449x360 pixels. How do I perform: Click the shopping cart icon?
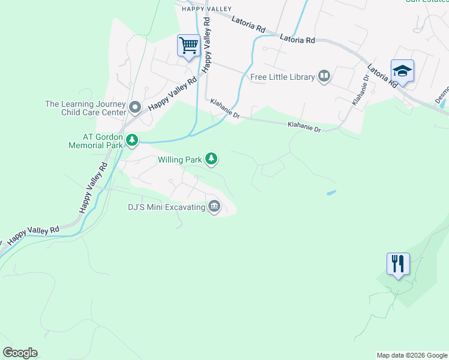point(188,46)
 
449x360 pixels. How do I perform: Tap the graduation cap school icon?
point(402,71)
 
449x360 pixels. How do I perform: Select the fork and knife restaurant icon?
point(398,263)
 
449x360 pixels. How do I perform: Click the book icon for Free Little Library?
point(324,76)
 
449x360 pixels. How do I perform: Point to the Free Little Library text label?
point(282,77)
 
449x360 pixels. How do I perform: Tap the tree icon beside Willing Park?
point(211,159)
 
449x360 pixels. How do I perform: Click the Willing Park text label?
point(179,160)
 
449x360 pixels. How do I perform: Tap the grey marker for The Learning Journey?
point(135,108)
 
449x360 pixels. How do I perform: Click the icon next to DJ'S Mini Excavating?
point(214,207)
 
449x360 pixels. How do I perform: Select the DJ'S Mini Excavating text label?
point(166,208)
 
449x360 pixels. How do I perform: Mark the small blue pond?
point(330,193)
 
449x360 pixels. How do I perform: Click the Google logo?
point(20,353)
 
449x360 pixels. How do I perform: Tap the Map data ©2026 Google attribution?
point(411,355)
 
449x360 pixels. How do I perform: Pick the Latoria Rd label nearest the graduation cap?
point(382,76)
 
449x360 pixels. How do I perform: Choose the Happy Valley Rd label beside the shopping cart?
point(207,44)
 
